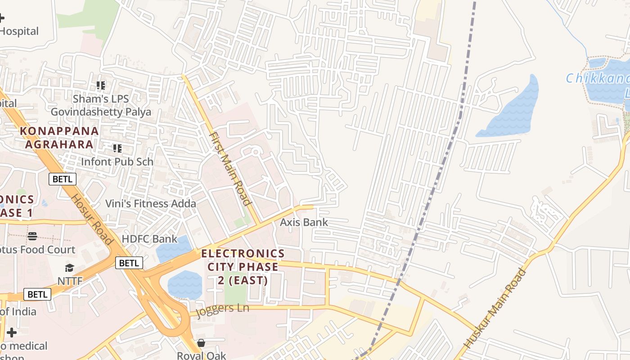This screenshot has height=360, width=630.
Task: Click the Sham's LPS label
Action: pyautogui.click(x=101, y=99)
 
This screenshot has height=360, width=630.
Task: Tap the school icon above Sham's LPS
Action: pyautogui.click(x=101, y=85)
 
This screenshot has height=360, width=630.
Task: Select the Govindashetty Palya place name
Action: pyautogui.click(x=101, y=112)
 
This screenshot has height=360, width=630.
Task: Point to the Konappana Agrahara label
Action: pyautogui.click(x=59, y=137)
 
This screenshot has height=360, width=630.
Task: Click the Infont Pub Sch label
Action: pyautogui.click(x=117, y=162)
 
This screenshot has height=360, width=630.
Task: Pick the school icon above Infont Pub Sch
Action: pyautogui.click(x=117, y=148)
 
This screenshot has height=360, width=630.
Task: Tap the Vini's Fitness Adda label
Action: pyautogui.click(x=151, y=203)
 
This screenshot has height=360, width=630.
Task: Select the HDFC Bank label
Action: pyautogui.click(x=150, y=238)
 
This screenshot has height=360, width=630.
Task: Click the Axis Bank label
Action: pyautogui.click(x=304, y=222)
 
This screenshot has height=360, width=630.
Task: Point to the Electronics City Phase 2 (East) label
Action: pyautogui.click(x=243, y=267)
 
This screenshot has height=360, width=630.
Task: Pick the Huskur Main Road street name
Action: pyautogui.click(x=495, y=308)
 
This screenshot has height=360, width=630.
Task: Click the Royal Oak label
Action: pyautogui.click(x=201, y=355)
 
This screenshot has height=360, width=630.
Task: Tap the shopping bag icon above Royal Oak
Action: pyautogui.click(x=201, y=343)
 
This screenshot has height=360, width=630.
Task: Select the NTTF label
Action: pyautogui.click(x=70, y=281)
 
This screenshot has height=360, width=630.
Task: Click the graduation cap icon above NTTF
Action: pyautogui.click(x=69, y=268)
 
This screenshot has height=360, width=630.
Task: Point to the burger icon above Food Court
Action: pyautogui.click(x=32, y=236)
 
